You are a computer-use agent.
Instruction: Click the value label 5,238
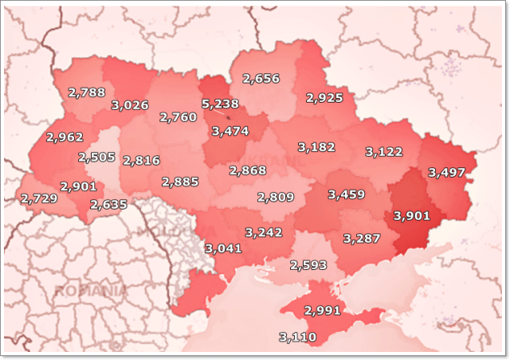click(221, 104)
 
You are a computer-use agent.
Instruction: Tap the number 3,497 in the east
click(447, 172)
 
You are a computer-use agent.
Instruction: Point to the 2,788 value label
click(87, 92)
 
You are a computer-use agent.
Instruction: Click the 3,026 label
click(130, 104)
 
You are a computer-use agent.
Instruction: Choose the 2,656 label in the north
click(261, 78)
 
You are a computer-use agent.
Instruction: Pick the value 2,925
click(324, 98)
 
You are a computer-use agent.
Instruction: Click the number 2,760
click(178, 117)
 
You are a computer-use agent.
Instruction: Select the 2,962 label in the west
click(65, 137)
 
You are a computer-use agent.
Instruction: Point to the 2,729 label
click(39, 198)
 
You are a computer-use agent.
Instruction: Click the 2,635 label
click(108, 205)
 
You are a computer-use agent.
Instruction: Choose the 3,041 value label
click(224, 248)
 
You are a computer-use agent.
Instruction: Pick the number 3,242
click(264, 232)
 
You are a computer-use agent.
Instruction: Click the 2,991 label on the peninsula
click(323, 310)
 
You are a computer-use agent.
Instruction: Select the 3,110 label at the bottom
click(298, 338)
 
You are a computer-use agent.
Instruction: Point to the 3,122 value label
click(384, 151)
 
